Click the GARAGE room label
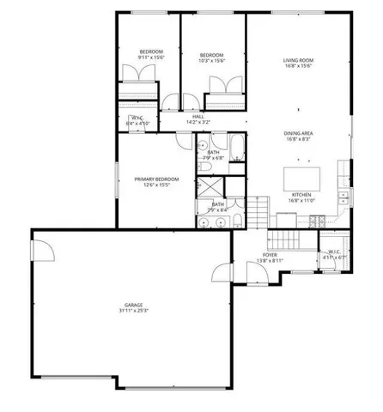pos(132,305)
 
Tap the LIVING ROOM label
pos(300,61)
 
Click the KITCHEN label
pos(301,195)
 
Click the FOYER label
pos(270,255)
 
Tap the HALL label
pos(198,117)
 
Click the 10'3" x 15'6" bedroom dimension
pos(211,60)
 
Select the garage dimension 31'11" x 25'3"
pos(132,312)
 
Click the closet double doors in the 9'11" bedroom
pos(140,85)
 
